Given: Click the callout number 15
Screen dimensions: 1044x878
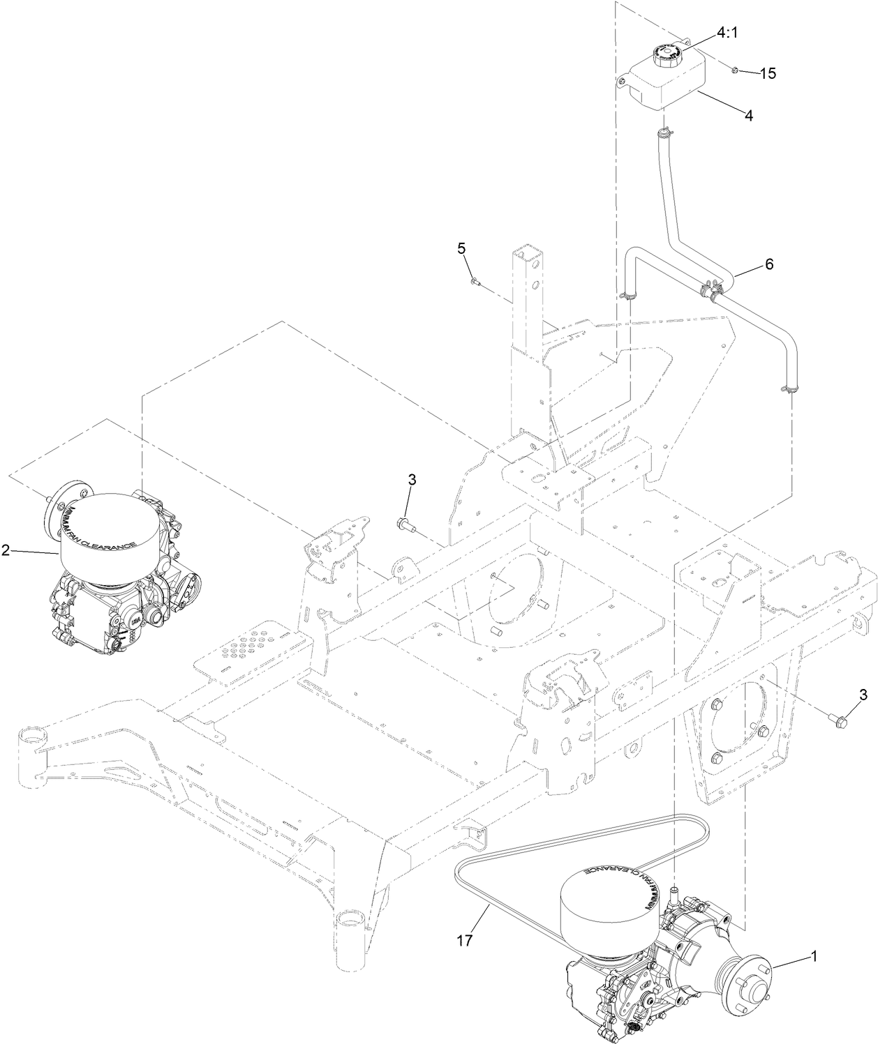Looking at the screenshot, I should point(767,73).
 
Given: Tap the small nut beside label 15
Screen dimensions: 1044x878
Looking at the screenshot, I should point(736,69).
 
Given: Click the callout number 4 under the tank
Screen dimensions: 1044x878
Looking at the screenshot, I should point(748,116).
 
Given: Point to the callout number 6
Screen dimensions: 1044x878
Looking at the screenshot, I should point(768,264).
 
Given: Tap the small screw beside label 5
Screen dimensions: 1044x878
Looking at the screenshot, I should point(475,281).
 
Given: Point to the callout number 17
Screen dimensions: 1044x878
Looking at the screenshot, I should point(466,940).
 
